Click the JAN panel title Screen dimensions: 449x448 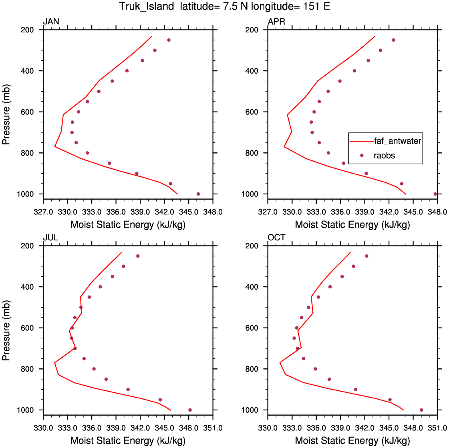(x=51, y=22)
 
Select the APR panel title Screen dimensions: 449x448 (x=276, y=22)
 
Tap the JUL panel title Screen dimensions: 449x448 (x=51, y=237)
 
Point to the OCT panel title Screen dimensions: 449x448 (x=276, y=237)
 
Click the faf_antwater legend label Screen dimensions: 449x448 (x=397, y=141)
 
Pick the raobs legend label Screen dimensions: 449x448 (x=384, y=156)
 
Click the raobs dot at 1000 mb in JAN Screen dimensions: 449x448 (x=198, y=194)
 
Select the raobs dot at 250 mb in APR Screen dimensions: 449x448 (x=393, y=40)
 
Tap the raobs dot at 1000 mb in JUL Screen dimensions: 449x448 (x=190, y=410)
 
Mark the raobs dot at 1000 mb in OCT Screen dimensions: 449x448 (x=421, y=410)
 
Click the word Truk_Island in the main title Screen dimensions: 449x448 (x=147, y=6)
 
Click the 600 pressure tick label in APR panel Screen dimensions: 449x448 (x=252, y=112)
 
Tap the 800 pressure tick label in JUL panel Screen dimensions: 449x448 (x=27, y=369)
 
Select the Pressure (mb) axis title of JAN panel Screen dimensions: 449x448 (x=6, y=114)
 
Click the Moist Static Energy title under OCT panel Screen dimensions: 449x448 (x=352, y=440)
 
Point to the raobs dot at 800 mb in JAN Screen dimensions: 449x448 (x=87, y=153)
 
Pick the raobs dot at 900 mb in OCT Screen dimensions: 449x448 (x=356, y=389)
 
